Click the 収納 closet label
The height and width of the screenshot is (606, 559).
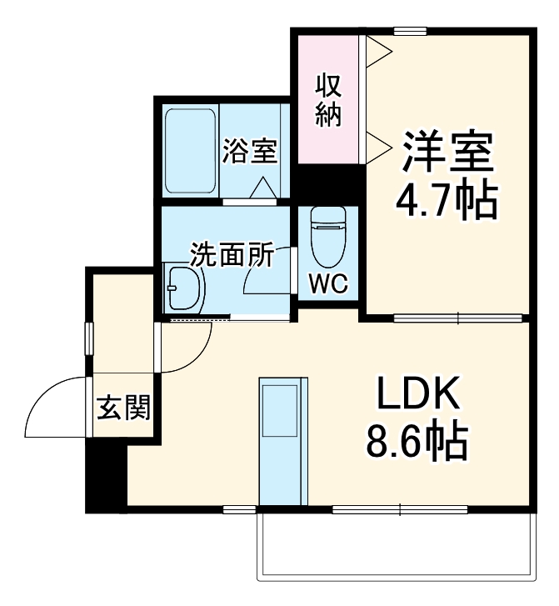(328, 100)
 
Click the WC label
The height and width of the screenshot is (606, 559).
(327, 283)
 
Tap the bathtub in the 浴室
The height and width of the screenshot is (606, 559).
(191, 150)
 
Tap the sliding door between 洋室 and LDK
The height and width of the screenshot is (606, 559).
(457, 317)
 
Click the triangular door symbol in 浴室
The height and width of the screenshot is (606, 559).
(266, 189)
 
